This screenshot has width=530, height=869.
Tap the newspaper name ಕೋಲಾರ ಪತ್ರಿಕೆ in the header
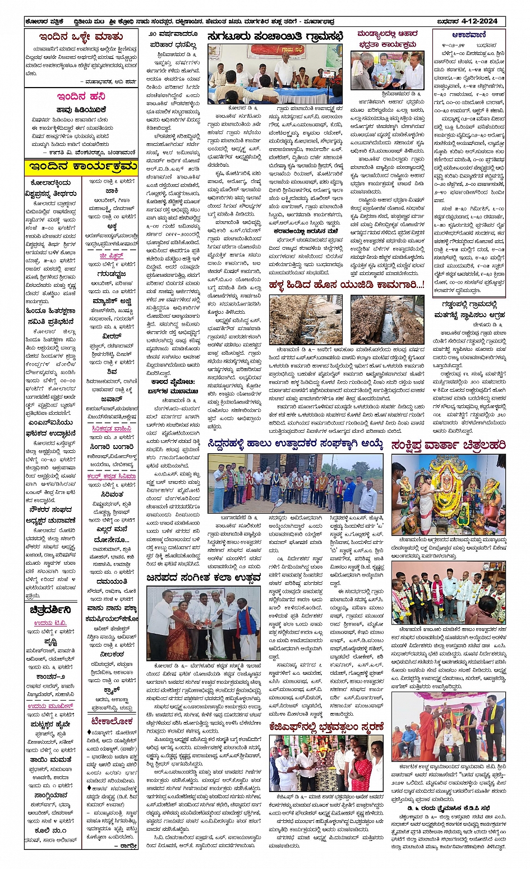(44, 21)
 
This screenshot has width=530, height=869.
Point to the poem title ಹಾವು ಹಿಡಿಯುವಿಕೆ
(81, 110)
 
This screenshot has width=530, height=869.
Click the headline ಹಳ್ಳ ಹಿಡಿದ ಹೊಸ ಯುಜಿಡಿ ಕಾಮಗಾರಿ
(346, 285)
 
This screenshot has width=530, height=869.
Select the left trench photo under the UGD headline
(306, 319)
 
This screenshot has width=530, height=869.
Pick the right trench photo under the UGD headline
(387, 319)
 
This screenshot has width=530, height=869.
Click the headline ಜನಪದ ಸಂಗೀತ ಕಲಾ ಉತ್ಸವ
(203, 578)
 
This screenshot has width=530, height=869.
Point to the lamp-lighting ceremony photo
(204, 623)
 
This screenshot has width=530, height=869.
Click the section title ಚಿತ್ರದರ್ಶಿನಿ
(50, 610)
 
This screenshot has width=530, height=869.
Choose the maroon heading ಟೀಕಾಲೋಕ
(112, 721)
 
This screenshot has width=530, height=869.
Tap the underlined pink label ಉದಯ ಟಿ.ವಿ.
(50, 623)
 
